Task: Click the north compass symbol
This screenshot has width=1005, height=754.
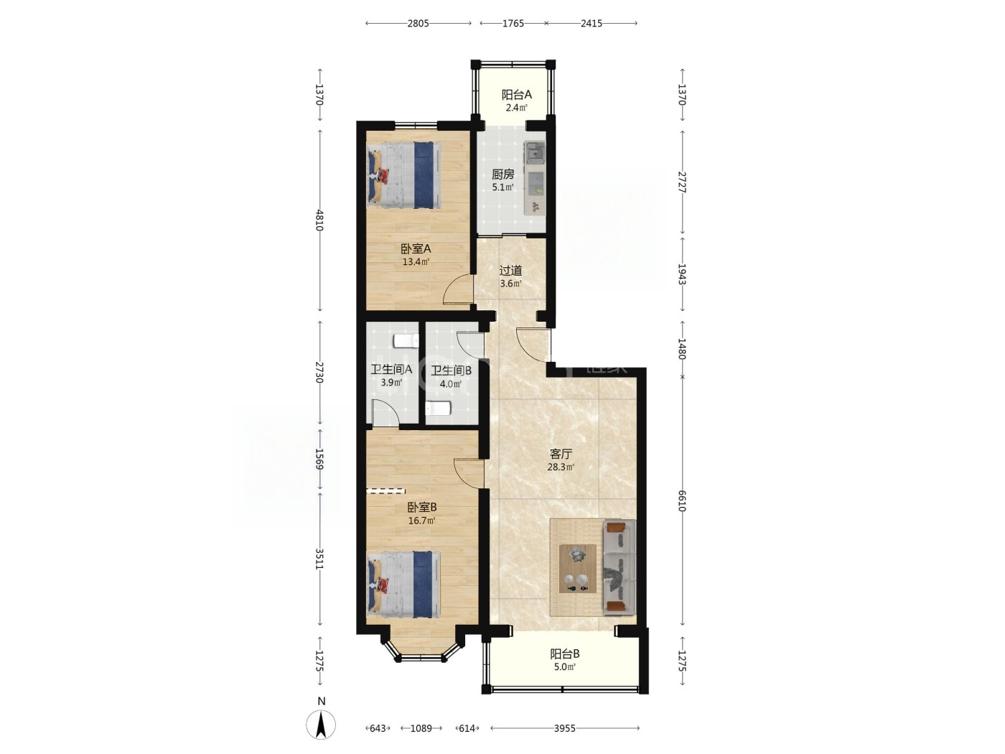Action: pyautogui.click(x=321, y=724)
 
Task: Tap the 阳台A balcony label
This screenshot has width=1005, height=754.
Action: pyautogui.click(x=516, y=95)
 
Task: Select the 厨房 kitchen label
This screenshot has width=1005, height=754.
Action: pyautogui.click(x=502, y=174)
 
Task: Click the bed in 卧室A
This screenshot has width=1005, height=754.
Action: pyautogui.click(x=404, y=175)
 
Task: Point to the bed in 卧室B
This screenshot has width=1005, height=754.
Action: pyautogui.click(x=404, y=585)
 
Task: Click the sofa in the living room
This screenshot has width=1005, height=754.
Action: pyautogui.click(x=620, y=567)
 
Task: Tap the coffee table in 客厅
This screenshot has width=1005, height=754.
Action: pyautogui.click(x=577, y=569)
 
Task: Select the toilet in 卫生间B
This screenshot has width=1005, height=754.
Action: pyautogui.click(x=438, y=408)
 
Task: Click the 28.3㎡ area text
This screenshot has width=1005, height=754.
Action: pyautogui.click(x=561, y=467)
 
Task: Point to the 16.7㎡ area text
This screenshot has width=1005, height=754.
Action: pyautogui.click(x=421, y=521)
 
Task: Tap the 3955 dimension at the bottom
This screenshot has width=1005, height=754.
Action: pyautogui.click(x=564, y=728)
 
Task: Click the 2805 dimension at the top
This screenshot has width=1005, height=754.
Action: pyautogui.click(x=418, y=24)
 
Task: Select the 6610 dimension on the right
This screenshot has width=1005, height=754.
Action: pyautogui.click(x=682, y=501)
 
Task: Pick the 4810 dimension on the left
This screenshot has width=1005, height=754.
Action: pyautogui.click(x=319, y=220)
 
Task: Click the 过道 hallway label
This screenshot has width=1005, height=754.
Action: pyautogui.click(x=510, y=271)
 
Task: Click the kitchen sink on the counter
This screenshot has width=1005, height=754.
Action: pyautogui.click(x=534, y=152)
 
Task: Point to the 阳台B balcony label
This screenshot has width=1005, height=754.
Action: pyautogui.click(x=564, y=653)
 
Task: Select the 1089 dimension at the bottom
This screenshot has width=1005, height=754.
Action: pyautogui.click(x=421, y=728)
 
